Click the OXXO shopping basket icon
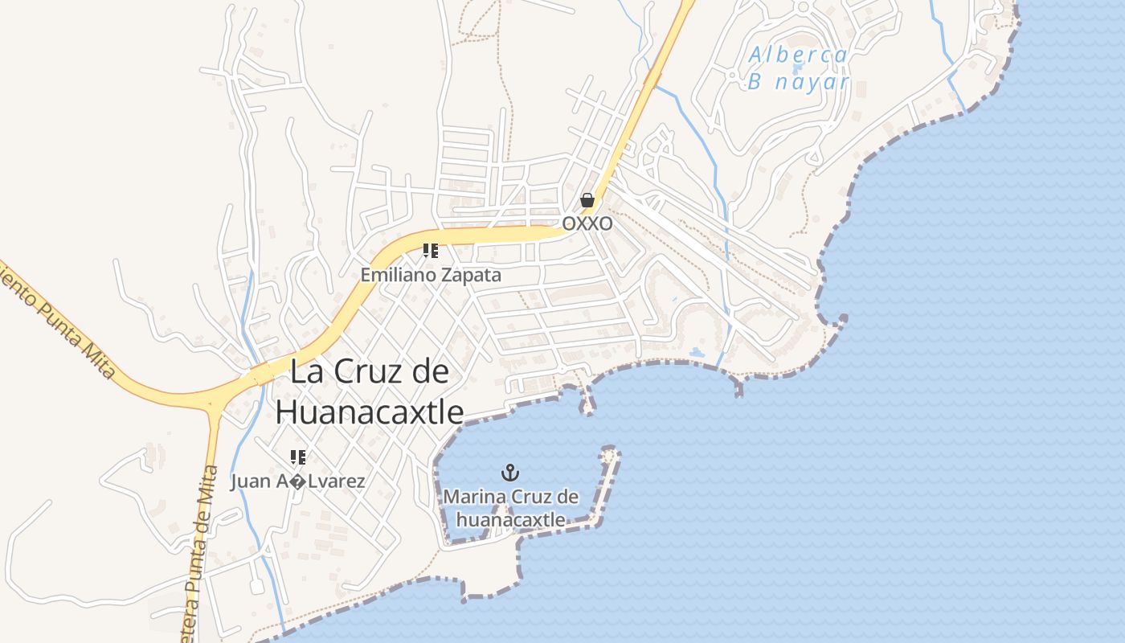pyautogui.click(x=587, y=200)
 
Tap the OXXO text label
pyautogui.click(x=587, y=223)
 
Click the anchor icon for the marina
pyautogui.click(x=509, y=473)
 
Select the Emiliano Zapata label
pyautogui.click(x=430, y=275)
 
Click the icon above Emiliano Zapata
pyautogui.click(x=431, y=251)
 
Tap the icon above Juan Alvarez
pyautogui.click(x=298, y=457)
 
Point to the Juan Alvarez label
pyautogui.click(x=298, y=481)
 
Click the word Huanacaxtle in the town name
pyautogui.click(x=370, y=412)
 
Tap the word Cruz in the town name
pyautogui.click(x=369, y=372)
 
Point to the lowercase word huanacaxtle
pyautogui.click(x=510, y=520)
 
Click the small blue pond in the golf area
pyautogui.click(x=697, y=352)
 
